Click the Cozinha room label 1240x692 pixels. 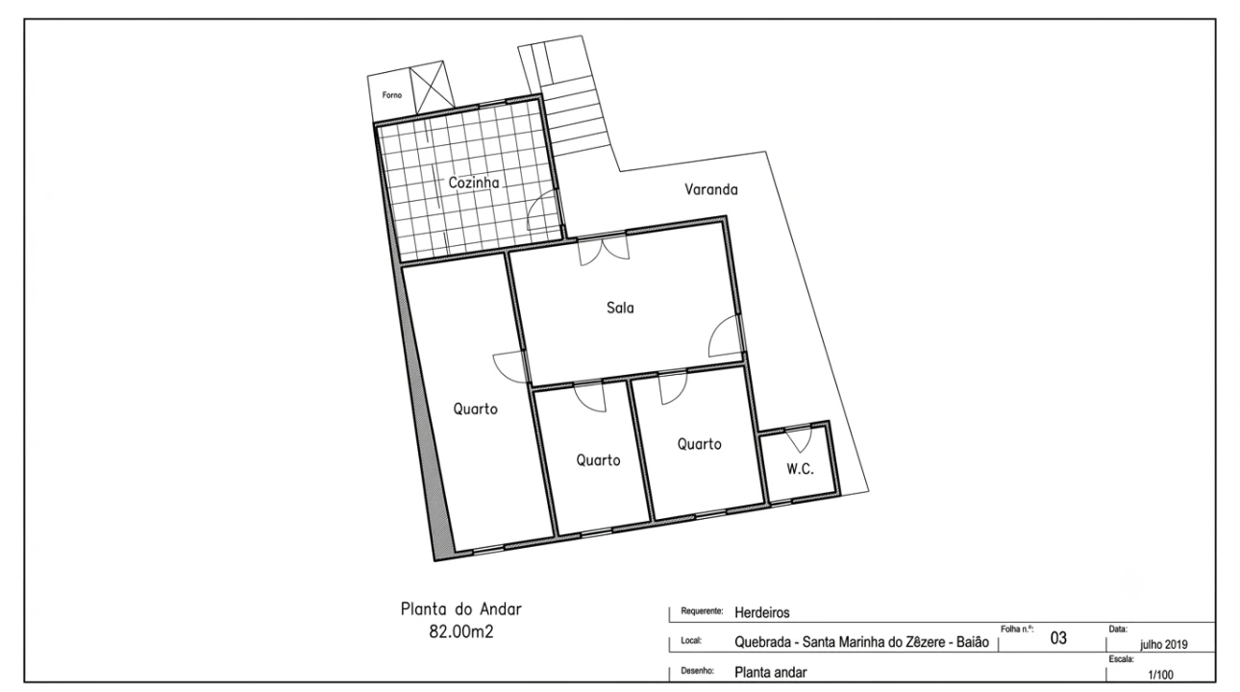click(473, 183)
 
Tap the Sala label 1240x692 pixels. click(620, 308)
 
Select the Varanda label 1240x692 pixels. click(710, 190)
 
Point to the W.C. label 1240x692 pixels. click(800, 469)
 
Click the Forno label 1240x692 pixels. click(392, 95)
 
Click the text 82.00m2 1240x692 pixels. click(460, 631)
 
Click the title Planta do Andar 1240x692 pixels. click(461, 609)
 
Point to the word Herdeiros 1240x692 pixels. click(761, 613)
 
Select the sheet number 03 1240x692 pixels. click(1058, 638)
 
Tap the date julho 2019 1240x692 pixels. click(1164, 645)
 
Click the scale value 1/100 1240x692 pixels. click(1160, 675)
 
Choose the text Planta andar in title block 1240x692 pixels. click(771, 673)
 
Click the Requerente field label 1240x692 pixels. click(702, 611)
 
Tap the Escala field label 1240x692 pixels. click(1122, 659)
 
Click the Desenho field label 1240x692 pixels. click(698, 671)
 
